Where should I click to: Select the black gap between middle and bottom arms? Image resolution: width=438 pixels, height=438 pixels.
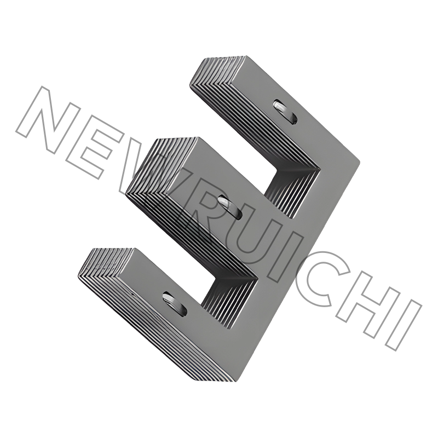coord(181,241)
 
